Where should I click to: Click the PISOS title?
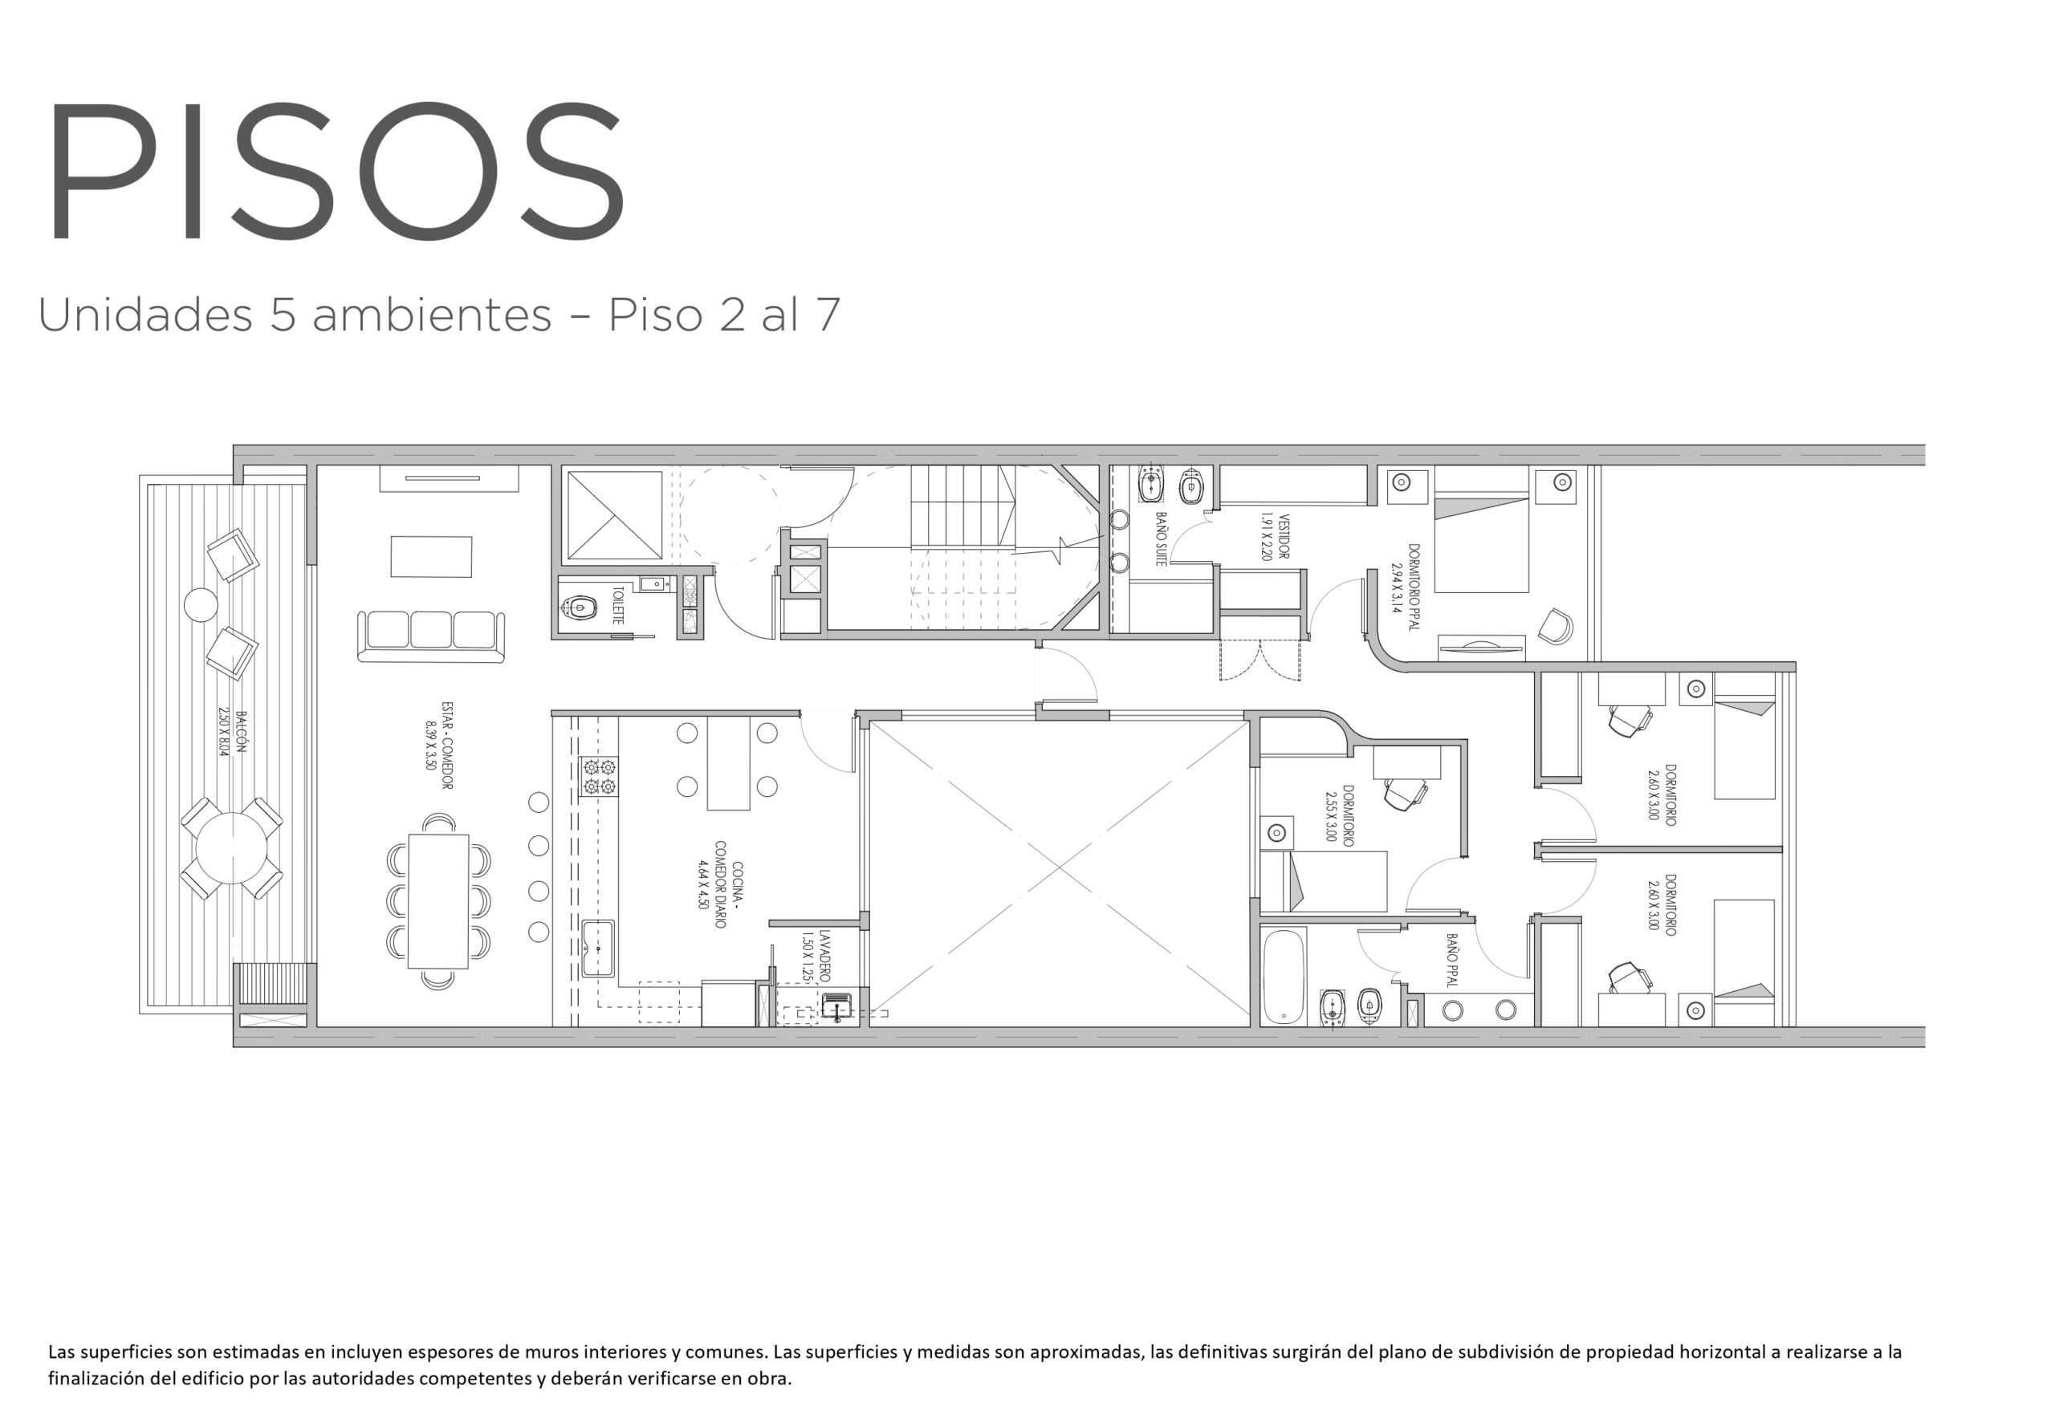(336, 169)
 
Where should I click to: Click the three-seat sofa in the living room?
(430, 636)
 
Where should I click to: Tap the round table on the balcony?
(232, 848)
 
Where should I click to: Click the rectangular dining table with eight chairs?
(438, 900)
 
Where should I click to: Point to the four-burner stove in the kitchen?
(599, 776)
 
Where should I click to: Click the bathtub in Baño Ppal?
(1284, 977)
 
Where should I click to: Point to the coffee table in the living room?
(431, 557)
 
